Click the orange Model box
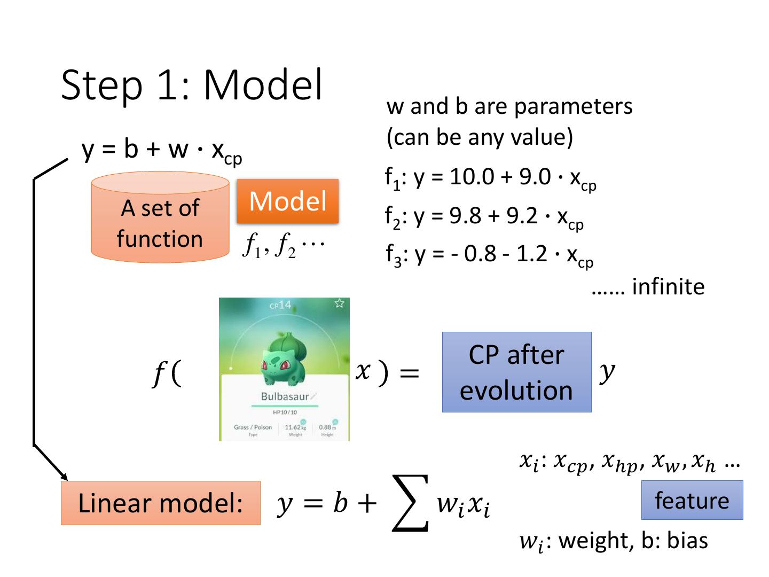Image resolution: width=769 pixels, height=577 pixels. coord(287,201)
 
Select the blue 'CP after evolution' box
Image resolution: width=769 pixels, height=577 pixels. coord(516,372)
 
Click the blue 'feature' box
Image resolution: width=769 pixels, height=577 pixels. coord(692,500)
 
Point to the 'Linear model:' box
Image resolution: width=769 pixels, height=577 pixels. coord(160,503)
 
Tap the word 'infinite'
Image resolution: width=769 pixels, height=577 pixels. coord(668,287)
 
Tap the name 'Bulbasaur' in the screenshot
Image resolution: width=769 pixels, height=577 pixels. coord(285,396)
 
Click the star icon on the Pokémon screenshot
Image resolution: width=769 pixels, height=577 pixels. coord(339,303)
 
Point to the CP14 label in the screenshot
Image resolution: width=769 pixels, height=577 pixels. coord(280,305)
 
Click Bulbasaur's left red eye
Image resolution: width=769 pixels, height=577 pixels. coord(267,366)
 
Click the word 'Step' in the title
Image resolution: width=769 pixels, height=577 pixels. coord(102,85)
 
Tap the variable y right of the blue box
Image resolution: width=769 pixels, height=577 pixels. coord(606,371)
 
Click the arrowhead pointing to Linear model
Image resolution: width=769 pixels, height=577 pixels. coord(65,477)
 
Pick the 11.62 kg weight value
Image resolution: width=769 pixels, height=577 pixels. coord(293,427)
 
